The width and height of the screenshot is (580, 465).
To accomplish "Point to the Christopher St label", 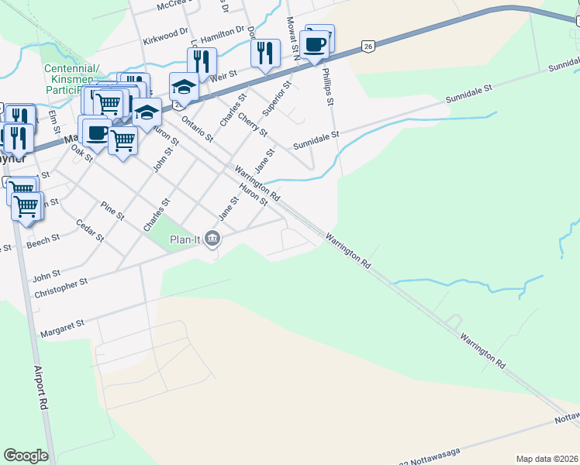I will [x=61, y=286].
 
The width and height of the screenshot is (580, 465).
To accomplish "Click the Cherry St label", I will [x=253, y=123].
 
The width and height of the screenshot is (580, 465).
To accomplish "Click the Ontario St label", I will [x=196, y=128].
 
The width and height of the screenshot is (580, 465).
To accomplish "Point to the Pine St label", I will [x=112, y=210].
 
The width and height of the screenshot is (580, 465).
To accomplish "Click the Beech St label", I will [x=43, y=242].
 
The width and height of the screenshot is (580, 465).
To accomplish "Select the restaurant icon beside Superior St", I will [x=265, y=53].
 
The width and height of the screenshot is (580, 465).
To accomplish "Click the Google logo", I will [x=26, y=456].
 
